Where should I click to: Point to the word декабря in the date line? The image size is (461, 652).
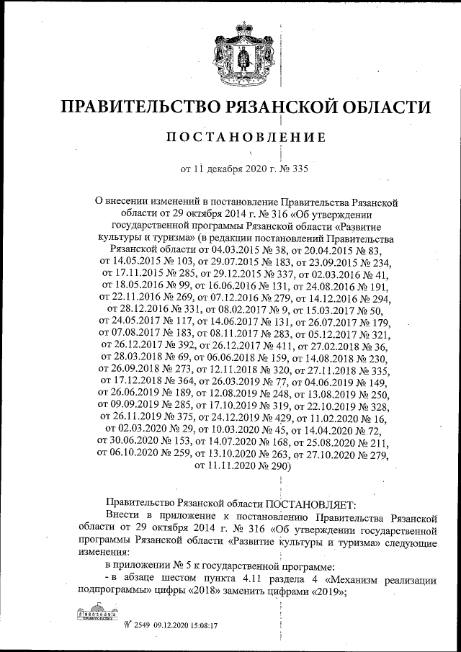pyautogui.click(x=227, y=170)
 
